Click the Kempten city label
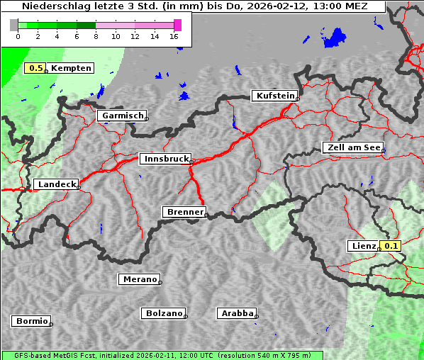point(71,68)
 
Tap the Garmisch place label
point(123,116)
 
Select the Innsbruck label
point(166,159)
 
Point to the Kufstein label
point(274,96)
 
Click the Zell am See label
point(353,147)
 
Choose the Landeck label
point(56,184)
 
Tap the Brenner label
point(184,212)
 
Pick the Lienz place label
point(364,246)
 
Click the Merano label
point(139,279)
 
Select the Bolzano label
point(164,313)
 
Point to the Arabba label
point(237,313)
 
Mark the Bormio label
point(31,321)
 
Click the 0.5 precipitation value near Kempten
point(35,68)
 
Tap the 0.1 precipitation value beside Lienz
point(391,246)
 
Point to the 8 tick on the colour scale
point(96,36)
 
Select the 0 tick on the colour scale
point(18,36)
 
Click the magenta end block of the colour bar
point(177,25)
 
